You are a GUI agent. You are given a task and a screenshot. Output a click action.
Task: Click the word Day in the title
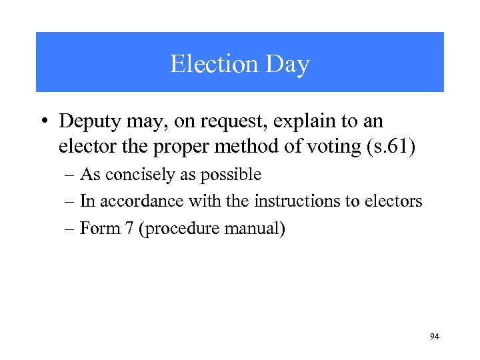287,64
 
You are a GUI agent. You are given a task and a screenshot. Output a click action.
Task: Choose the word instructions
291,201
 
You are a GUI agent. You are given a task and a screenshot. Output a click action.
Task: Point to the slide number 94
434,337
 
